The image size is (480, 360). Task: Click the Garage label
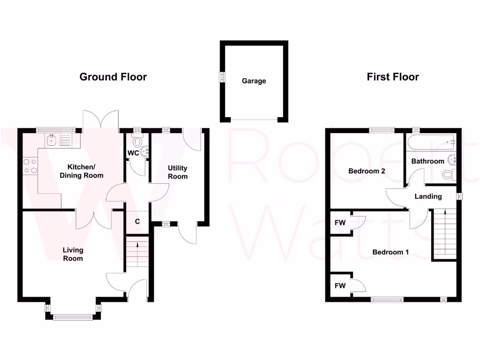point(254,81)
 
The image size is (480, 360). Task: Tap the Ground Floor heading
point(113,77)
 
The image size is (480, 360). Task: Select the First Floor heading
point(393,77)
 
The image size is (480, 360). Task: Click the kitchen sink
point(52,139)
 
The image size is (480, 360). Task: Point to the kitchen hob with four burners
point(30,166)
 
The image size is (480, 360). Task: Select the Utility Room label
point(178,172)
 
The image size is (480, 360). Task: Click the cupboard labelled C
point(137,221)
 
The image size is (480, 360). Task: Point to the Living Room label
point(73,255)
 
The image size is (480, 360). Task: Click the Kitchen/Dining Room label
point(82,171)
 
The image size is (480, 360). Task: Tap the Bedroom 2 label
point(367,171)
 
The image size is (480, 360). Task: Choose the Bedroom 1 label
point(390,252)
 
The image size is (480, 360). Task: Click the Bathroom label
point(427,161)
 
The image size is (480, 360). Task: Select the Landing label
point(428,196)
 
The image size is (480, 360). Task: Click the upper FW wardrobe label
point(340,223)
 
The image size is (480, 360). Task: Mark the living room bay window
point(73,317)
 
